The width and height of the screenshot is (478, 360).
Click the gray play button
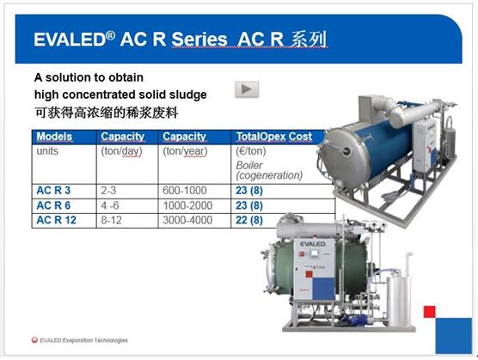(247, 89)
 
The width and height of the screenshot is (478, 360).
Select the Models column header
(54, 137)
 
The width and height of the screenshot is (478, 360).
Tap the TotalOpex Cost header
(274, 137)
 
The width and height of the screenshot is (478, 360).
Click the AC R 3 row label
(53, 191)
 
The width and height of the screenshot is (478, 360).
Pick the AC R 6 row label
(53, 205)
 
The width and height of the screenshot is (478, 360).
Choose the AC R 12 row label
(56, 220)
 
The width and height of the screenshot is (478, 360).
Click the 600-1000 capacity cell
(185, 191)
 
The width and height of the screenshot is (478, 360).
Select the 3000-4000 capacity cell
(187, 220)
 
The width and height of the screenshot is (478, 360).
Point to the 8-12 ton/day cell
(111, 220)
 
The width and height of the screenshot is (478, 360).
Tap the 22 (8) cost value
(249, 220)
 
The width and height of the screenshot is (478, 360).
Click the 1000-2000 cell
(187, 205)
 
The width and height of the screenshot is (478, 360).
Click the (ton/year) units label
(185, 151)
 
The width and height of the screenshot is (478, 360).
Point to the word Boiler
(249, 165)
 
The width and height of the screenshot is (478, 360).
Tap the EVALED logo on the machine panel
(313, 244)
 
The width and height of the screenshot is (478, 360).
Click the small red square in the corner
(430, 312)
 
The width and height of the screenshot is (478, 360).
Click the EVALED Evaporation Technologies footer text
(83, 340)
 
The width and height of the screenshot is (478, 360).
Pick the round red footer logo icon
(34, 340)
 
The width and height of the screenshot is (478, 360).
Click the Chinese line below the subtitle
(106, 113)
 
